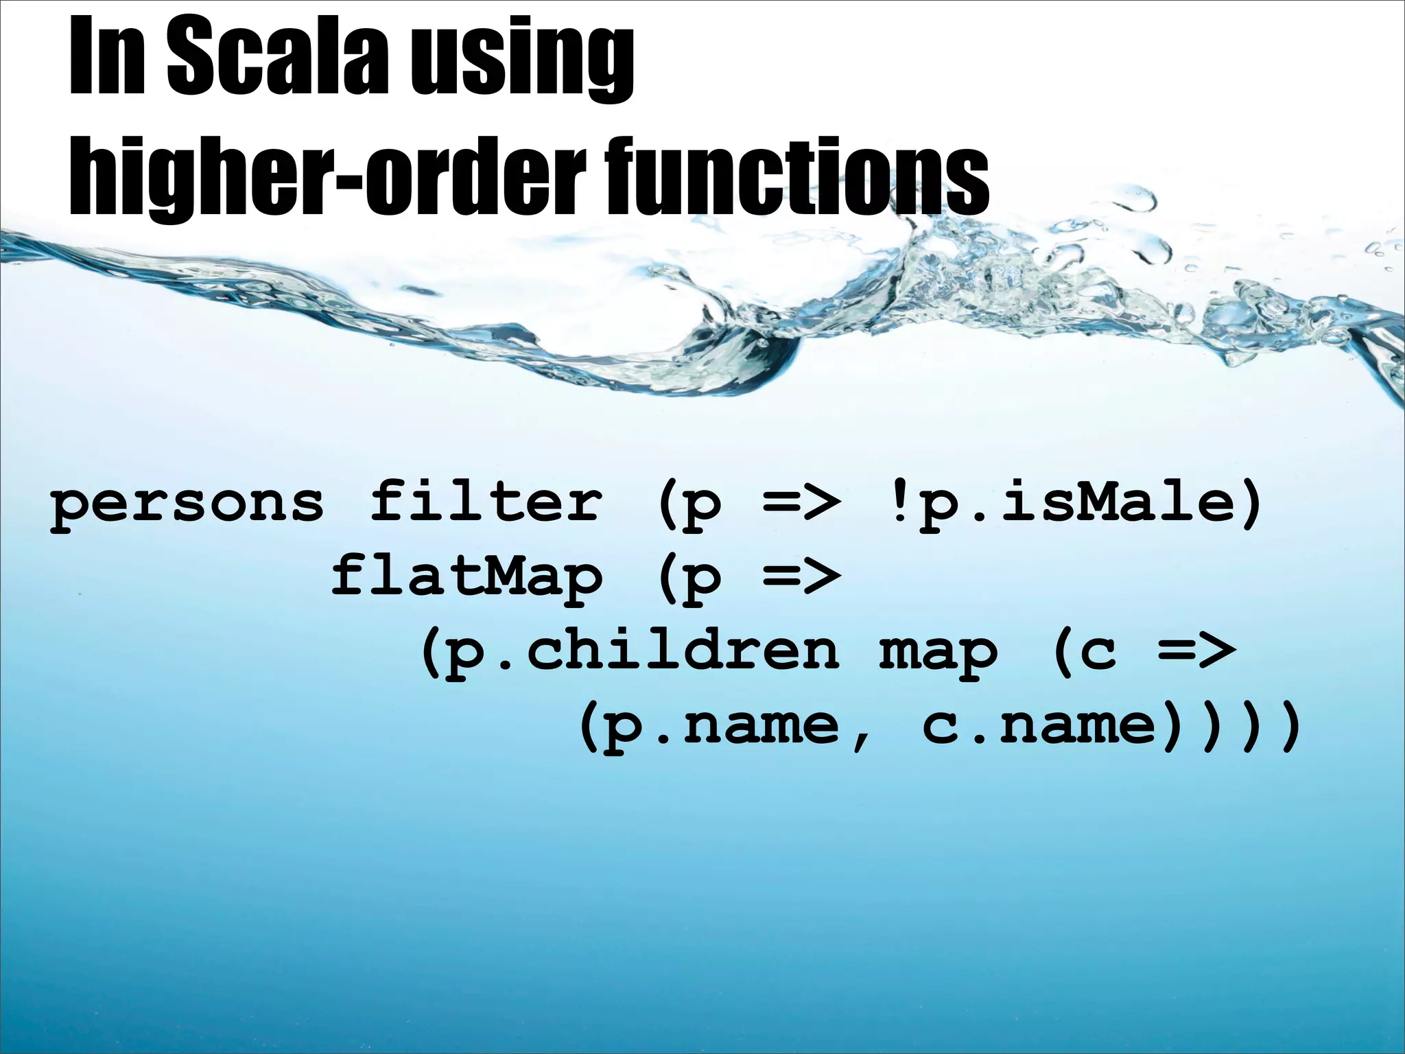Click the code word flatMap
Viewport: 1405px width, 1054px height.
pos(467,576)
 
